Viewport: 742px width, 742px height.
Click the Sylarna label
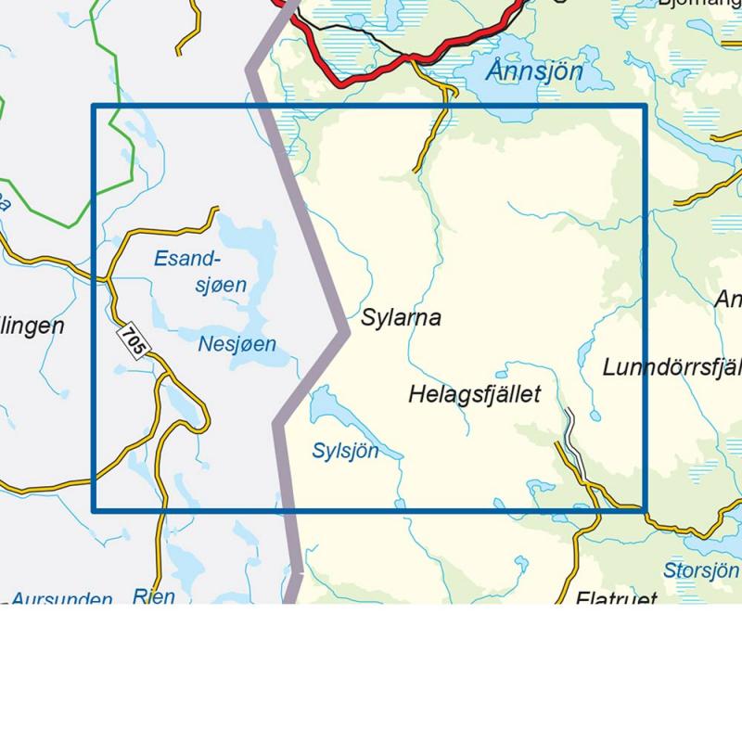(401, 318)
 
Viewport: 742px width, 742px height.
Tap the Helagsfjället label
(474, 395)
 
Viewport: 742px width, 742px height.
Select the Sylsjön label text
(345, 452)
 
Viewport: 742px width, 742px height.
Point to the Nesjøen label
(237, 344)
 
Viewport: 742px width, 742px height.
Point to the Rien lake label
(154, 596)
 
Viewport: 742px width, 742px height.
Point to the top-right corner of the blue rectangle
(644, 106)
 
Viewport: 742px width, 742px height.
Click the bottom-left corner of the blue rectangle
(94, 509)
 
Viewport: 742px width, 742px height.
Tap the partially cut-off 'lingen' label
(32, 326)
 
